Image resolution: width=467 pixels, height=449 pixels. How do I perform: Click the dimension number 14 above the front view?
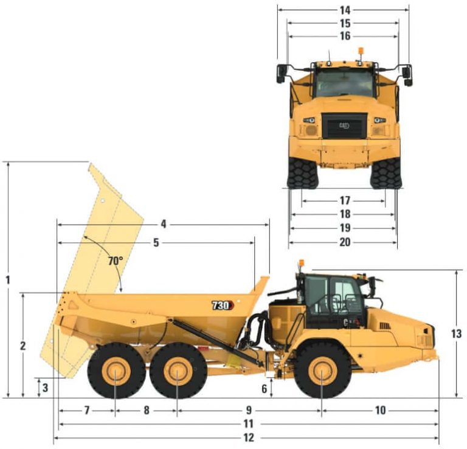(345, 10)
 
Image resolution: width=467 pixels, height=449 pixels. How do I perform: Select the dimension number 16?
(345, 36)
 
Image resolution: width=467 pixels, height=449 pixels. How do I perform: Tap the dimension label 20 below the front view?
(345, 242)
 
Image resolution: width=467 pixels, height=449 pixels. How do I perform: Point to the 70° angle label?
(116, 260)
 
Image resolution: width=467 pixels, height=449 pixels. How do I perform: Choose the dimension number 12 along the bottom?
(248, 437)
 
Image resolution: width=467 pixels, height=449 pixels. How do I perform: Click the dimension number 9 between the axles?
(249, 410)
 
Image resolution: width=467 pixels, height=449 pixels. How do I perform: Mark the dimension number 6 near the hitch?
(265, 388)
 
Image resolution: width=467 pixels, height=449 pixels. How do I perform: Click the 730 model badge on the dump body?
(220, 305)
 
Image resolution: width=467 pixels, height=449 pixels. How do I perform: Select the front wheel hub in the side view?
(322, 370)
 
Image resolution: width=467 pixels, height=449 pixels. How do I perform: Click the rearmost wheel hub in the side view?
(116, 370)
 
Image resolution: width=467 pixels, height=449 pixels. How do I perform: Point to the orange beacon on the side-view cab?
(301, 264)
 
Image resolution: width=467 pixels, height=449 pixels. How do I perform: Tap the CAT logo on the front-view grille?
(344, 126)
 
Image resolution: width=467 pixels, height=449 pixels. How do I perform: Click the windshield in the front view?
(344, 82)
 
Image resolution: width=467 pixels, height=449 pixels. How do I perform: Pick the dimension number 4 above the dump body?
(164, 224)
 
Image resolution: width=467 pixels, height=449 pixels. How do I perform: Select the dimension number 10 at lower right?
(380, 410)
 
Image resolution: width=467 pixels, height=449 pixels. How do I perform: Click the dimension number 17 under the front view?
(345, 200)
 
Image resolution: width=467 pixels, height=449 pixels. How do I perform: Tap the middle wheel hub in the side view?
(177, 370)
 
